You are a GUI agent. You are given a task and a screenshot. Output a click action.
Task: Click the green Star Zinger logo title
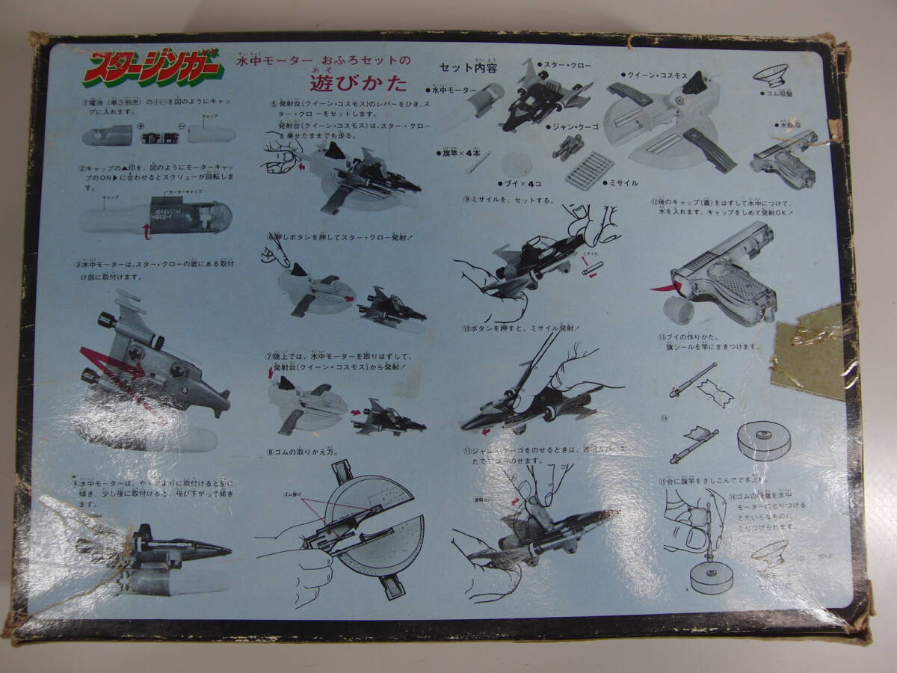pos(153,67)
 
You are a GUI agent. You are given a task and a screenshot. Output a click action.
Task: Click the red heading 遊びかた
pos(358,80)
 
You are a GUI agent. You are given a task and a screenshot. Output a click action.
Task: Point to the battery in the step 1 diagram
pos(159,138)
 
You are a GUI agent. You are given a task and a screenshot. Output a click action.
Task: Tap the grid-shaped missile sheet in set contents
pos(590,170)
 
